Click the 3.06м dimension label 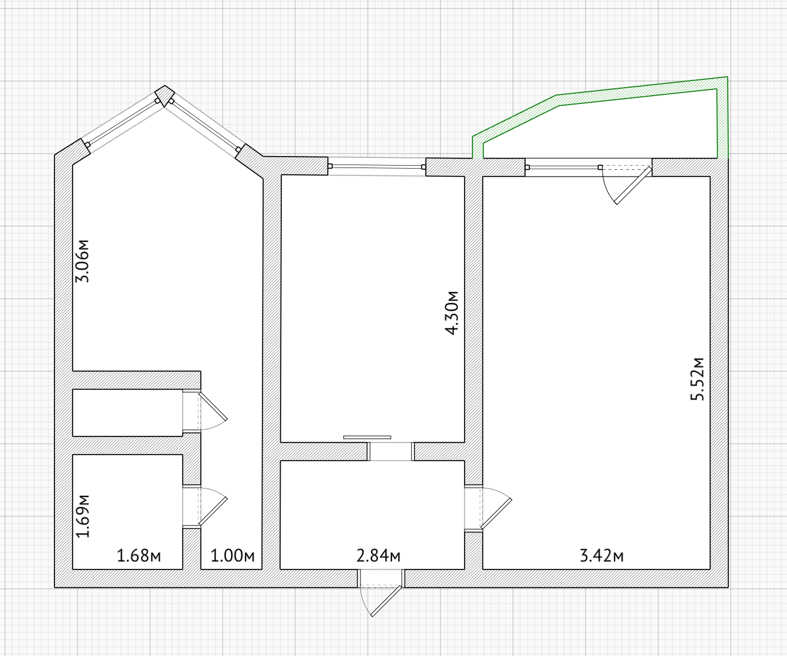tap(82, 261)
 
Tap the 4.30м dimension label tap(451, 313)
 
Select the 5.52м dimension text tap(697, 378)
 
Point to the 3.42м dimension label tap(601, 556)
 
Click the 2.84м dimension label tap(378, 556)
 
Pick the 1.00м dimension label tap(232, 556)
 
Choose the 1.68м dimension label tap(139, 556)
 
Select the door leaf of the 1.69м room tap(214, 511)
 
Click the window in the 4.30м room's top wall tap(377, 166)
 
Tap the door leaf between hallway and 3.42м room tap(496, 514)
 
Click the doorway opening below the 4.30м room tap(391, 452)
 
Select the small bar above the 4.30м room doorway tap(367, 437)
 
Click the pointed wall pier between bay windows tap(165, 96)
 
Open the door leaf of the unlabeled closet tap(214, 406)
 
